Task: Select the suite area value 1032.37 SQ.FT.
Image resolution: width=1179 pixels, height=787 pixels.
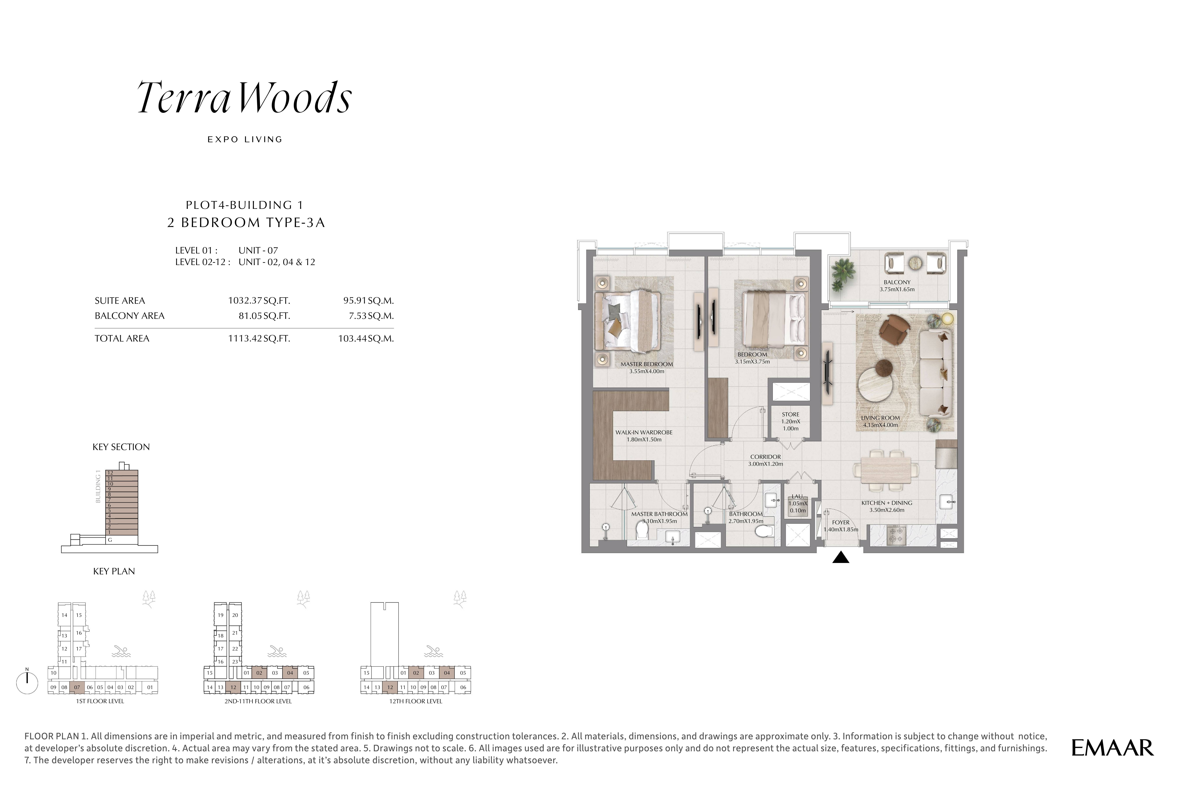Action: coord(259,301)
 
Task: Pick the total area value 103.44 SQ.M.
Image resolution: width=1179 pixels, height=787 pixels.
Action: coord(366,338)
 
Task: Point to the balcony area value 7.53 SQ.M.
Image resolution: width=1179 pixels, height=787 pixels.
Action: coord(369,316)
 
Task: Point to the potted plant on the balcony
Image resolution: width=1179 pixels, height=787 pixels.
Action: coord(843,274)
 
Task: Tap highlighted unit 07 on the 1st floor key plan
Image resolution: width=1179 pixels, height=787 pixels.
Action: coord(77,687)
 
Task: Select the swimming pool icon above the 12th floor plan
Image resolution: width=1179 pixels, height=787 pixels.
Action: coord(434,652)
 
